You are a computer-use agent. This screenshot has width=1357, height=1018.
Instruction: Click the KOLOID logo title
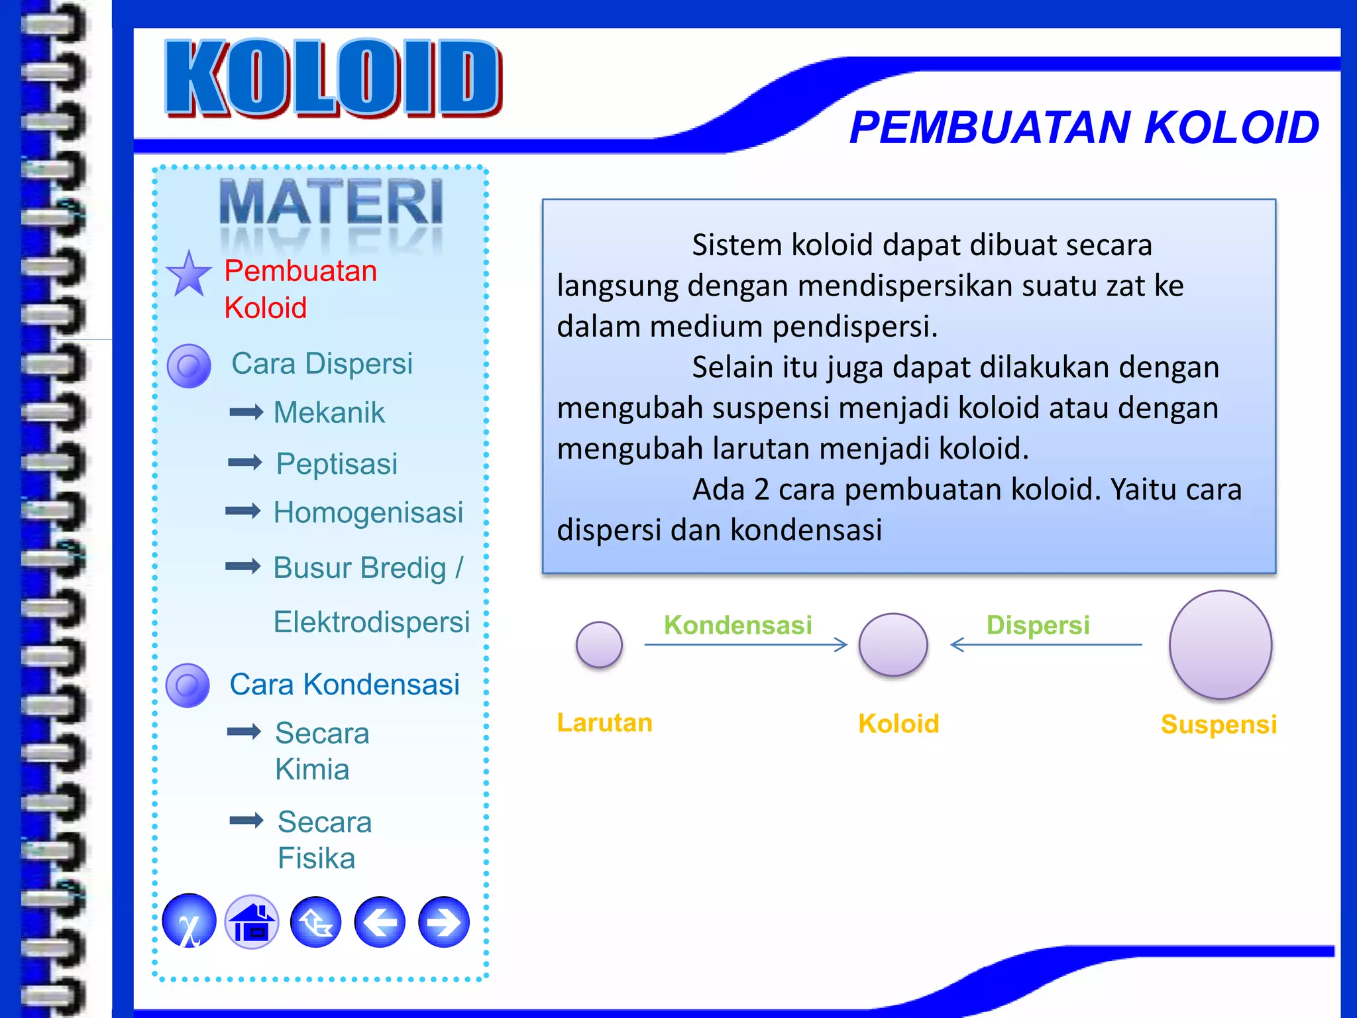coord(333,78)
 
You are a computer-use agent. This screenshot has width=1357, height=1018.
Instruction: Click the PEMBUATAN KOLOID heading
coord(1084,127)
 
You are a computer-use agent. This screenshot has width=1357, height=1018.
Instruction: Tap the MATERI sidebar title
coord(331,202)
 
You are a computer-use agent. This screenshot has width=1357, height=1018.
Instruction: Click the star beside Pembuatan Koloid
coord(189,275)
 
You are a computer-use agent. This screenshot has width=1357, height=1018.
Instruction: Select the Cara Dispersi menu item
coord(321,363)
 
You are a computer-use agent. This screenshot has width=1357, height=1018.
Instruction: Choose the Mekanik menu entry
coord(329,412)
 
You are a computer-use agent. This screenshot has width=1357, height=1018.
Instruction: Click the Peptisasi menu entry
coord(337,463)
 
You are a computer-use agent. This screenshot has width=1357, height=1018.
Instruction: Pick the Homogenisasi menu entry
coord(368,512)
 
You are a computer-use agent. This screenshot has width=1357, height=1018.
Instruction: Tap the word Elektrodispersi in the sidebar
coord(371,622)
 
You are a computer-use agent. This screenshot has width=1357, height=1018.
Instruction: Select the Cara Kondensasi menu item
coord(344,684)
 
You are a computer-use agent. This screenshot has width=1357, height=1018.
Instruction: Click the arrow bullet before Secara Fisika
coord(246,820)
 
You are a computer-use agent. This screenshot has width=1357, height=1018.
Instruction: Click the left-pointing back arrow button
coord(380,922)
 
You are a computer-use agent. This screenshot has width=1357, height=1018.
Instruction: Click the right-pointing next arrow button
coord(444,922)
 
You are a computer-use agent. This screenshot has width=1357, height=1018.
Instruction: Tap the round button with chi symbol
coord(190,922)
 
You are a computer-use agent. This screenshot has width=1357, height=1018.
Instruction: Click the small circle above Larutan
coord(599,644)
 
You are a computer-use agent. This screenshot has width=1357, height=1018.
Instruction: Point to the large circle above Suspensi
coord(1220,644)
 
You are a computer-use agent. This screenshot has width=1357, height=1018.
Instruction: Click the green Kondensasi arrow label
coord(737,625)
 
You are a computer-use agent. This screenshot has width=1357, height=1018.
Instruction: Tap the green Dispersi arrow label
coord(1038,625)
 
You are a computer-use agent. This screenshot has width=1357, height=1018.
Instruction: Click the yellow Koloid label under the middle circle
coord(898,723)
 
